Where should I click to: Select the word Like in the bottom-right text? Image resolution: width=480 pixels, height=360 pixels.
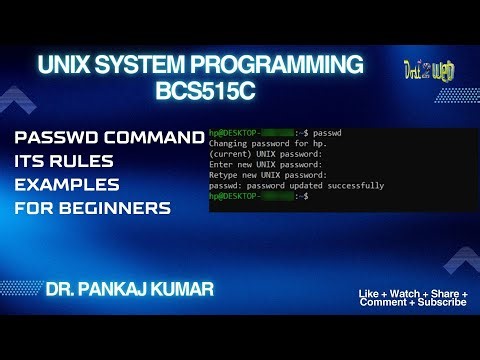coord(367,293)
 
